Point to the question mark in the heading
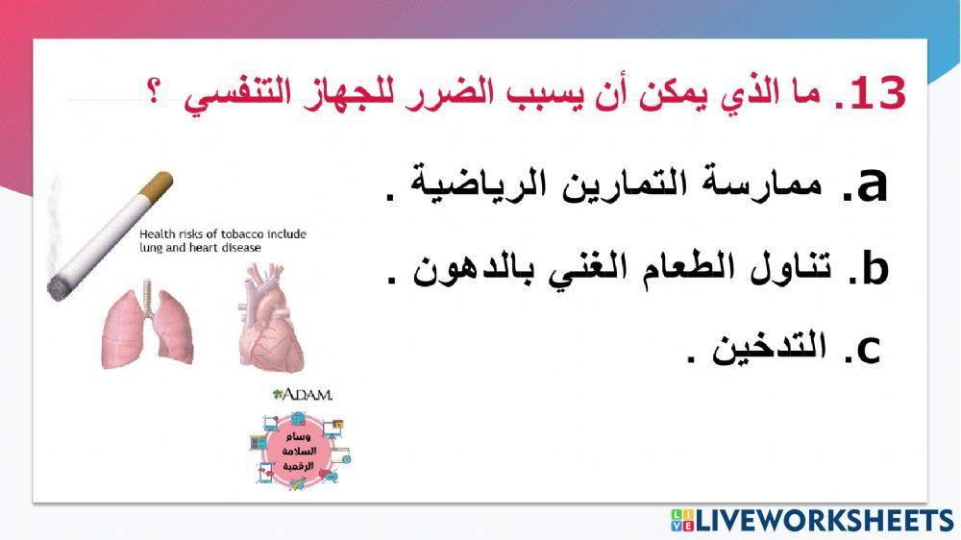154,96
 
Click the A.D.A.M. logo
302,395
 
